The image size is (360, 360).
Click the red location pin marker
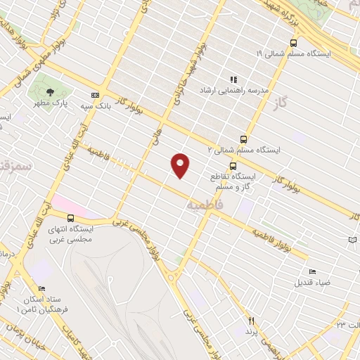tap(181, 165)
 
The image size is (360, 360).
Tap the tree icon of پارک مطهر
tap(49, 91)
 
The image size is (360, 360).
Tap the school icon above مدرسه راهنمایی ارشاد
tap(234, 80)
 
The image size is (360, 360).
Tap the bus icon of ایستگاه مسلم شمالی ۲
tap(243, 139)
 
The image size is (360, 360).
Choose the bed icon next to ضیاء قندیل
tap(312, 272)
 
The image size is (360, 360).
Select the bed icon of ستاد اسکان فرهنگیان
tap(41, 289)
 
